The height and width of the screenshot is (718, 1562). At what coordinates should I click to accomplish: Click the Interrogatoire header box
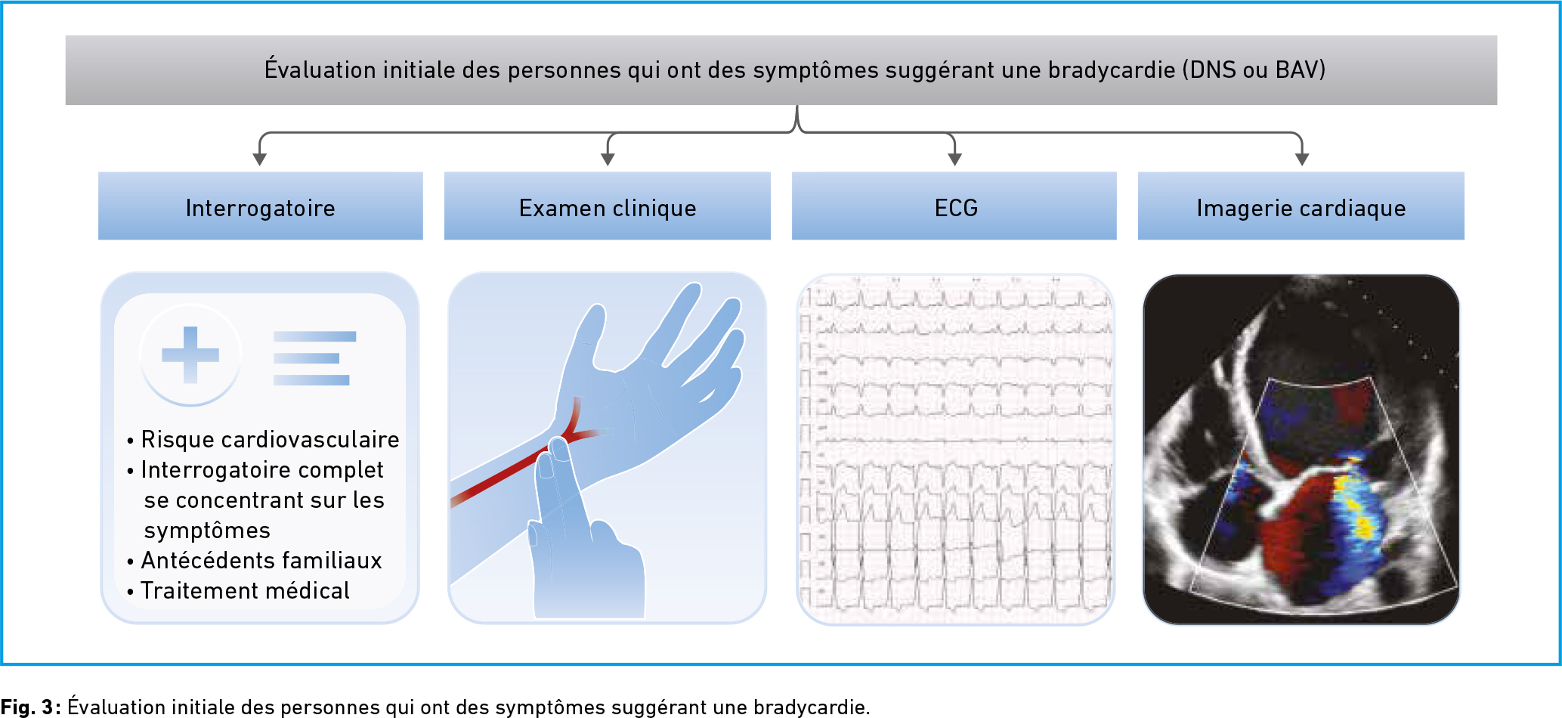coord(261,206)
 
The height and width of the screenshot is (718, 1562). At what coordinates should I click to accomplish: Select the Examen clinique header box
coord(608,206)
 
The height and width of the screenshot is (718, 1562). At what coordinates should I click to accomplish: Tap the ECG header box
coord(954,206)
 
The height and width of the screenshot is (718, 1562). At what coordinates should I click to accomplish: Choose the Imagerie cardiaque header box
coord(1301,206)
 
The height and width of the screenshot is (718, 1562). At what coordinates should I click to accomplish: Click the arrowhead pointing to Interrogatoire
coord(260,159)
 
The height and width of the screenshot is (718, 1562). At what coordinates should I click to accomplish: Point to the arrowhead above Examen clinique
coord(608,159)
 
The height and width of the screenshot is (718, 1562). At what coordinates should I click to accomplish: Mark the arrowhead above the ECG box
coord(954,159)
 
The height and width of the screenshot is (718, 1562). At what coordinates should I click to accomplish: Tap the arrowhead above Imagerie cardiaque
coord(1301,159)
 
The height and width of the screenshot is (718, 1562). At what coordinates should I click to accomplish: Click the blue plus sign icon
coord(190,354)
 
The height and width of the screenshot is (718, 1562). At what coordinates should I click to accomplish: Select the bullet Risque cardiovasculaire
coord(263,440)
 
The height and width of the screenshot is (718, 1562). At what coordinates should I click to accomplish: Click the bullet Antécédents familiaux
coord(255,561)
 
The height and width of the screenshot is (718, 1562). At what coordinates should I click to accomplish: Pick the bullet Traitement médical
coord(238,591)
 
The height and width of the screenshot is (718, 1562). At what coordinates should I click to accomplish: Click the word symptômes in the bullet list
coord(207,531)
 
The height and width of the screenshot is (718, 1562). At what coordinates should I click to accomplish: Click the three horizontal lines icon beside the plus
coord(314,358)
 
